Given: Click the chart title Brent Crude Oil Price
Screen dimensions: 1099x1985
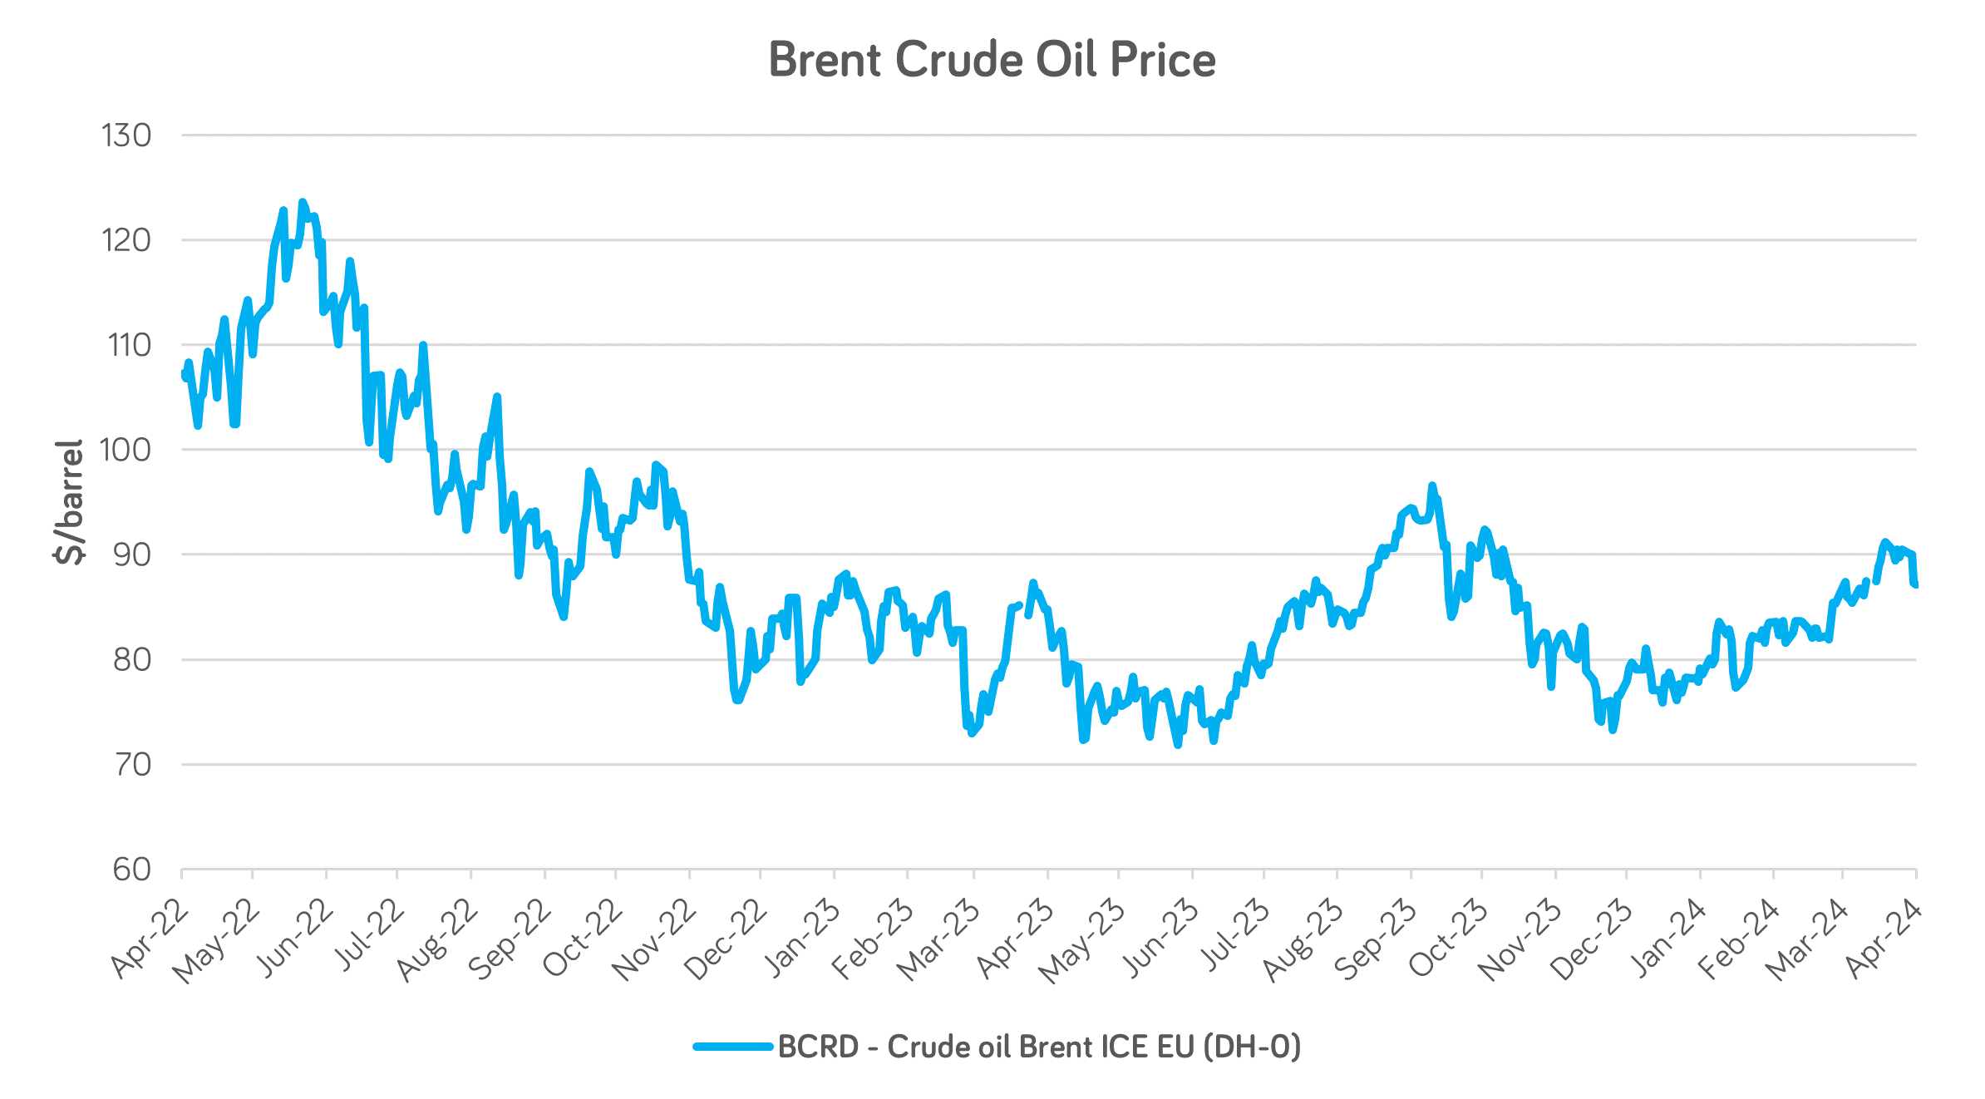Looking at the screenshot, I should (x=992, y=60).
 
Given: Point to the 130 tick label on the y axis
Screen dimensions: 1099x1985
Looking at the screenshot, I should (x=126, y=136).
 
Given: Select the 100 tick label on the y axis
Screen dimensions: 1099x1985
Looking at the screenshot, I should (x=126, y=450).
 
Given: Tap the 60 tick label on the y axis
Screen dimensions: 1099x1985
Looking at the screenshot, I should (x=132, y=870).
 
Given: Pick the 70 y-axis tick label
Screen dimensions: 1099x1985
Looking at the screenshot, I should (x=132, y=765).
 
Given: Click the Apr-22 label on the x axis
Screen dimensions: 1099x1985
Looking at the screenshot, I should (x=150, y=937).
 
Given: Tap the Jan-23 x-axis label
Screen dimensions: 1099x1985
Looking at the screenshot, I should (x=801, y=938).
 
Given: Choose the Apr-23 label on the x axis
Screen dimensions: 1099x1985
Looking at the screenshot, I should (x=1015, y=937).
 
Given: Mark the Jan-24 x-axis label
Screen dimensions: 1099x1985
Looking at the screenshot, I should (x=1667, y=938).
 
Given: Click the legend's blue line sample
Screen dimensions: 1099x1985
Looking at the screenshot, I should (x=733, y=1047).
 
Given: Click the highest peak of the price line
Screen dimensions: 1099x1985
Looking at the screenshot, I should (x=303, y=202).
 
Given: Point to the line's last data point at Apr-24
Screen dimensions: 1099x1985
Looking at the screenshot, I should (x=1915, y=585).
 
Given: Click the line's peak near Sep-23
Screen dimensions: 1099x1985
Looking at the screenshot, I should (x=1431, y=485).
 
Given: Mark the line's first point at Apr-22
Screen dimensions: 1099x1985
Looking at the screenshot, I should (x=182, y=373).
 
